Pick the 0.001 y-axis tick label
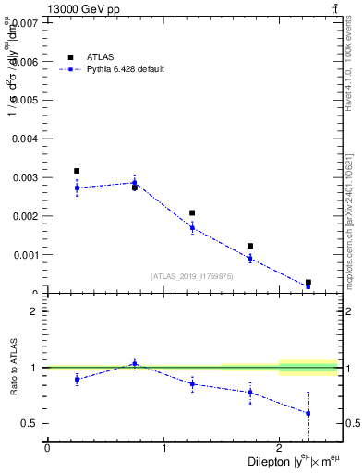[x=25, y=255]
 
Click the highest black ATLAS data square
[x=77, y=171]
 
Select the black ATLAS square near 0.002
[x=192, y=212]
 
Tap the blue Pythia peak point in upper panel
[x=134, y=183]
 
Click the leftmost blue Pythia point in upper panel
[x=77, y=188]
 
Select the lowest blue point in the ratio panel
[x=308, y=413]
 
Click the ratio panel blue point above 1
[x=134, y=363]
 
